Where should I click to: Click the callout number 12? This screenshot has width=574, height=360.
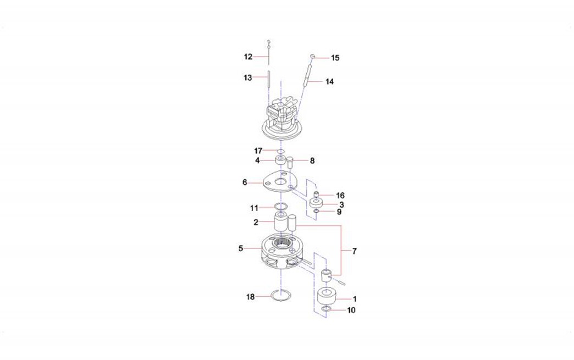click(248, 57)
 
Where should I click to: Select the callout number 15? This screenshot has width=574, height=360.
click(335, 58)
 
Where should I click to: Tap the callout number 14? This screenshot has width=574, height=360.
click(329, 81)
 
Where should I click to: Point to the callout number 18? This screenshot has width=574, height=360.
click(250, 297)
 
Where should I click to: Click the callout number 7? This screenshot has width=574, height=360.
click(355, 251)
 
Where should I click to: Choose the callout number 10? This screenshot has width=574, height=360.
click(351, 310)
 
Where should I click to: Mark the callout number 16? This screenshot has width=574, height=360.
click(340, 196)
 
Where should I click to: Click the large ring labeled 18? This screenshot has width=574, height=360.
click(281, 296)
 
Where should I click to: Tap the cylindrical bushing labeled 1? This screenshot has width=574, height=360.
click(327, 296)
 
